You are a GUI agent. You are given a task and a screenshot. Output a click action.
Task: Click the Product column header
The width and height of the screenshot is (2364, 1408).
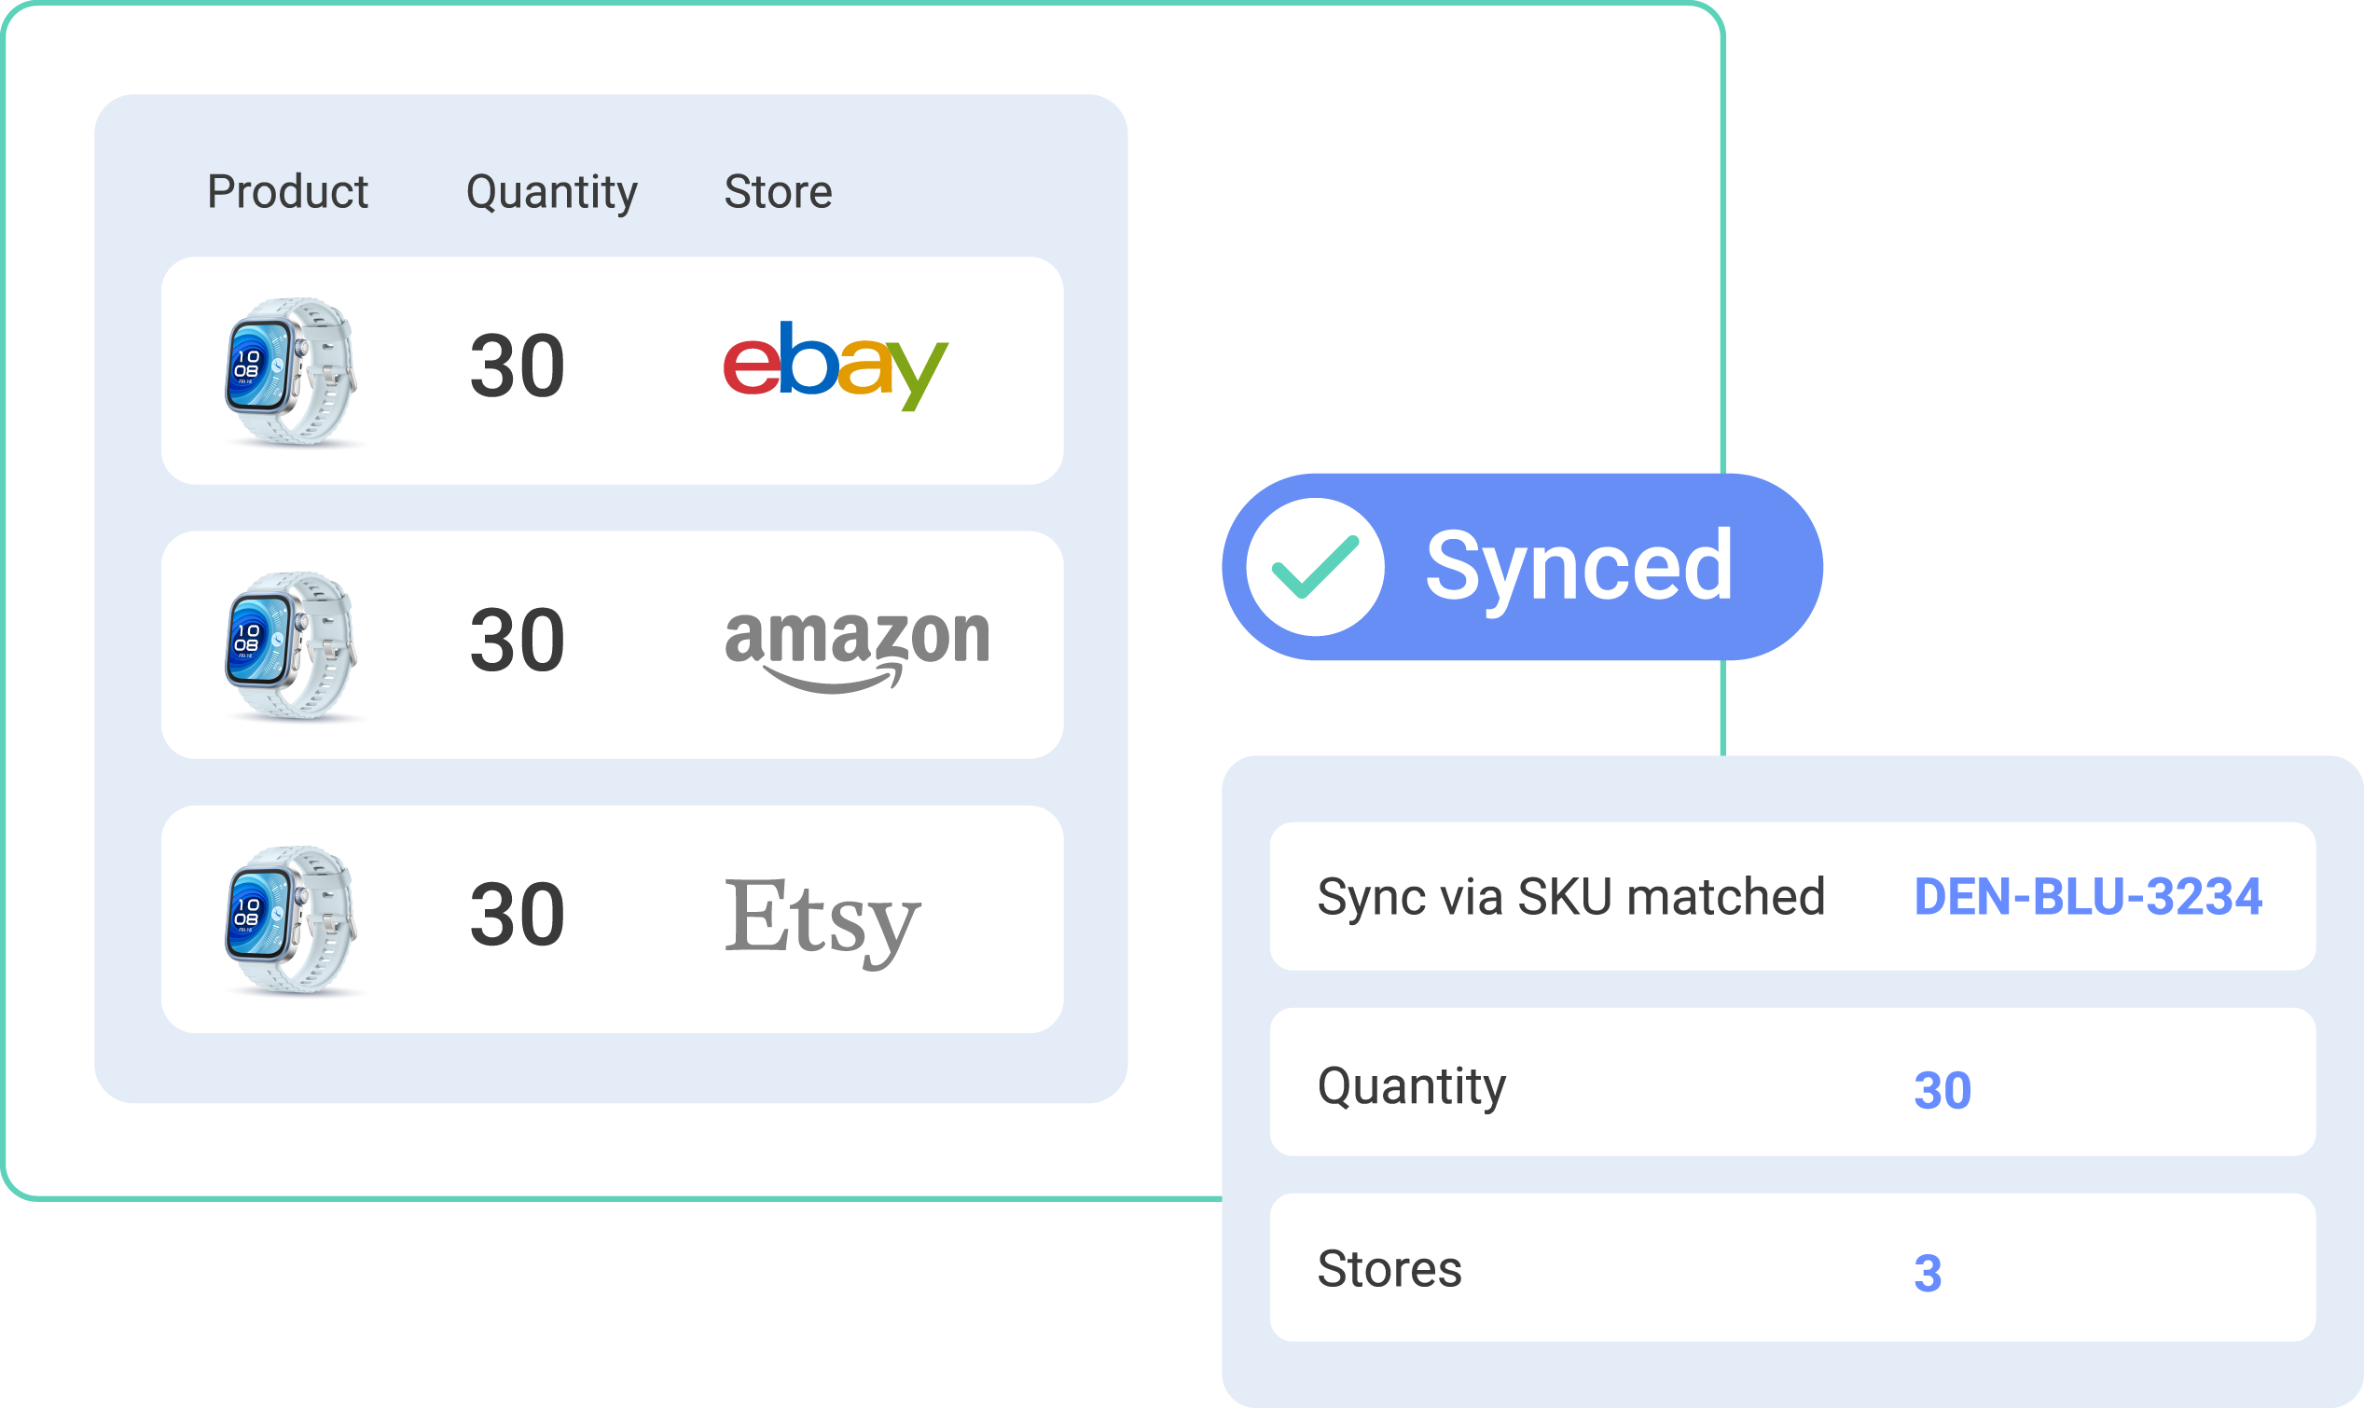(x=287, y=192)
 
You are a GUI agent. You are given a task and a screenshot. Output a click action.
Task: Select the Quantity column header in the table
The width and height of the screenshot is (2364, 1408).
(x=552, y=194)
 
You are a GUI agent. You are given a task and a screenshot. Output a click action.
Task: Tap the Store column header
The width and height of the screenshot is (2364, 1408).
(x=778, y=192)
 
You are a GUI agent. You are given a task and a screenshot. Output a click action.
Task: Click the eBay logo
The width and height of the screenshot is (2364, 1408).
(x=836, y=366)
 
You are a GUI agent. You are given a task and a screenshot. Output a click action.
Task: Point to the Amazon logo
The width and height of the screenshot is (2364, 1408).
(x=858, y=651)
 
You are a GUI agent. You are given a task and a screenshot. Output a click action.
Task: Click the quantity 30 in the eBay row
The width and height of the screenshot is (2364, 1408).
(x=517, y=366)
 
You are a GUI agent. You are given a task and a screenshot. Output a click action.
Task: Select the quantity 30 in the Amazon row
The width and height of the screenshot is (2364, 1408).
(x=517, y=641)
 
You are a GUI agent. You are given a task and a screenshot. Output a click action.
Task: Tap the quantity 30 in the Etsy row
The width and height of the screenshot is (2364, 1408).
(x=517, y=915)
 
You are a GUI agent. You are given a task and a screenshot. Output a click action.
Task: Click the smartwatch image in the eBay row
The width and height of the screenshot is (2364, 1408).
(x=291, y=371)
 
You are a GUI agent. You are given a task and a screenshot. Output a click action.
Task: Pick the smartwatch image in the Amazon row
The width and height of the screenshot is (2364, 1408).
(x=291, y=645)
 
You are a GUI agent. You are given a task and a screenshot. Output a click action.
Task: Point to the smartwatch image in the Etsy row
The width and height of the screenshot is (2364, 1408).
(x=291, y=919)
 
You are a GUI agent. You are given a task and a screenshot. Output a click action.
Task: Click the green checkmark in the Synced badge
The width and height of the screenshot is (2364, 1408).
(x=1315, y=567)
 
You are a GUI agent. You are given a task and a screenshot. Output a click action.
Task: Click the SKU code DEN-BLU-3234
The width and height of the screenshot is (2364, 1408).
(x=2088, y=897)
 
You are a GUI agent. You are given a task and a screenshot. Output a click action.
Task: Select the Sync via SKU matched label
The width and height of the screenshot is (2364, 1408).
(x=1571, y=898)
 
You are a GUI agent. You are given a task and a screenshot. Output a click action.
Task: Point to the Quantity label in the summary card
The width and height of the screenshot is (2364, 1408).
(x=1412, y=1087)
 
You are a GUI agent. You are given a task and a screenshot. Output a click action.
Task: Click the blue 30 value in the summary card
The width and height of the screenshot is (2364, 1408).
(x=1942, y=1090)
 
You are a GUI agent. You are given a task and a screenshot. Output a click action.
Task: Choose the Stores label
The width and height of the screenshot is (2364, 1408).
(x=1389, y=1269)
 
